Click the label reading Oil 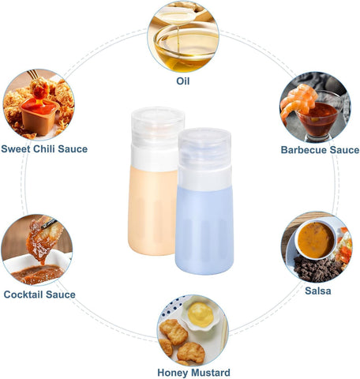[x=183, y=81]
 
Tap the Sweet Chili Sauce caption [x=44, y=149]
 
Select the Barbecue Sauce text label [x=320, y=150]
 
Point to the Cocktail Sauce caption [x=39, y=295]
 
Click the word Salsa [x=318, y=291]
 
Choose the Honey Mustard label [x=193, y=373]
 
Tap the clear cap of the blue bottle [x=204, y=148]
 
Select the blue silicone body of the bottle [x=204, y=231]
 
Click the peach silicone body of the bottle [x=152, y=212]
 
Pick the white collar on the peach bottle [x=154, y=158]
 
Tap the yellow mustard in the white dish [x=201, y=314]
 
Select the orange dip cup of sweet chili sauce [x=39, y=116]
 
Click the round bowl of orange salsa [x=316, y=239]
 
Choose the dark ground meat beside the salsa [x=317, y=269]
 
